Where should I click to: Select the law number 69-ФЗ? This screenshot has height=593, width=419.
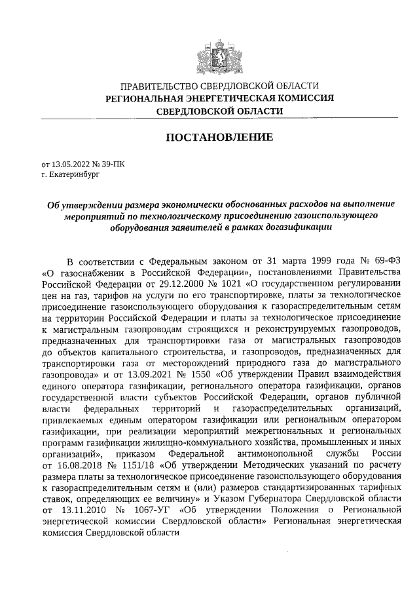tap(383, 259)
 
